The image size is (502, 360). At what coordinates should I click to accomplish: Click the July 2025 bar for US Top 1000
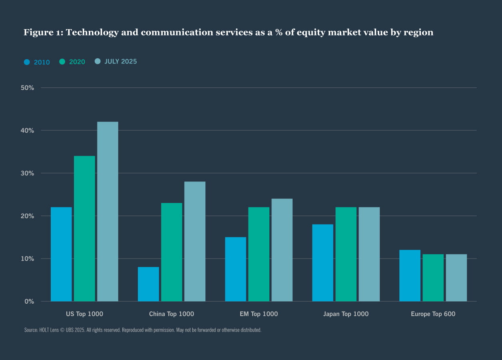(108, 211)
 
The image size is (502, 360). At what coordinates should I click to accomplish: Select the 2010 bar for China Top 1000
(148, 284)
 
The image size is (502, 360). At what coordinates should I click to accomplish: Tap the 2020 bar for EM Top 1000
(259, 254)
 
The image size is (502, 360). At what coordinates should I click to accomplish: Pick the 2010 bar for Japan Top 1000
(323, 263)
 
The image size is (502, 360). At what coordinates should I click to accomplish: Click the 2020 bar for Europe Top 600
(433, 278)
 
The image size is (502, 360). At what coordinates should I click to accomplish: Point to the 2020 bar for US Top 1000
(84, 229)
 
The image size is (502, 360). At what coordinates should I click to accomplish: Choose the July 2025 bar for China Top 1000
(195, 241)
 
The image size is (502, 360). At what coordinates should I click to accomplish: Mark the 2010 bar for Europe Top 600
(410, 275)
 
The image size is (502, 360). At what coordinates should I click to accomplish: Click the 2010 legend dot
(27, 62)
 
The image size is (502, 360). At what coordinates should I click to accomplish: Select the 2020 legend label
(77, 62)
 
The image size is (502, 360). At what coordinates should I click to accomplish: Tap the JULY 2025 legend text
(120, 62)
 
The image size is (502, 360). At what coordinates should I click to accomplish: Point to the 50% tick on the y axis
(27, 88)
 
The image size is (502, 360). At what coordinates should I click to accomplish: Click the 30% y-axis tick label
(27, 173)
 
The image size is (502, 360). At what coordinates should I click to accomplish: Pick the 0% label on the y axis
(29, 301)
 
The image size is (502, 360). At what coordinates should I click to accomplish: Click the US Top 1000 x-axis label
(84, 314)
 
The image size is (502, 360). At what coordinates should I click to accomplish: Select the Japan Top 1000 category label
(346, 314)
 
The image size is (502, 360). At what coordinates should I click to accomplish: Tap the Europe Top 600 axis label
(433, 314)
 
